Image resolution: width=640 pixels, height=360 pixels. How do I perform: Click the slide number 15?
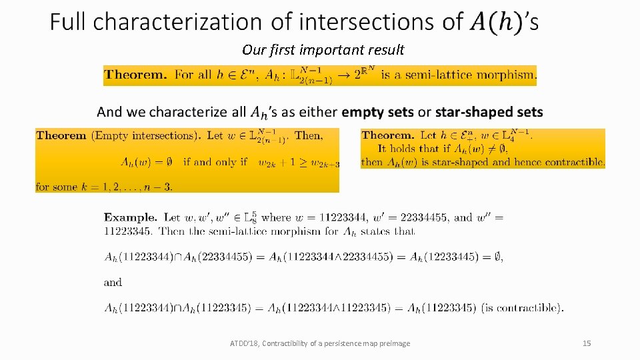587,343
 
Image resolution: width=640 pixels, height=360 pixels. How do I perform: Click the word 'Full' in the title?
69,22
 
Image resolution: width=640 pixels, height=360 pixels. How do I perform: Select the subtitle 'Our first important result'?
323,50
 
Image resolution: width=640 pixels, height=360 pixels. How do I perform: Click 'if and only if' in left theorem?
215,161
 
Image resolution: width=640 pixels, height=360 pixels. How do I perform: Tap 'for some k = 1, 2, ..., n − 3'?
104,187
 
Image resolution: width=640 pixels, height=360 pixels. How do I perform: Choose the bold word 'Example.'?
131,217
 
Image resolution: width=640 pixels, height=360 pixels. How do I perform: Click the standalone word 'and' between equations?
113,283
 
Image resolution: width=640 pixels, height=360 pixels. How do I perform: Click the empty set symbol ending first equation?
497,257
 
